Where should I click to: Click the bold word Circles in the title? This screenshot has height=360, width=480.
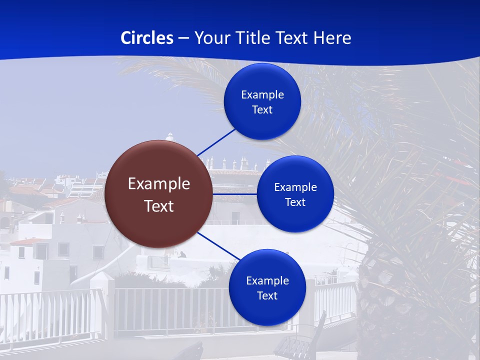click(147, 38)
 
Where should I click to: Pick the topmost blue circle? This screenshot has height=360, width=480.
click(262, 101)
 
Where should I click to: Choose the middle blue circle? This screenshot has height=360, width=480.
click(295, 194)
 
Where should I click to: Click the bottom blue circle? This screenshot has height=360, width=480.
click(267, 287)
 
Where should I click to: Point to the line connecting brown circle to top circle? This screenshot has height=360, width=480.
click(216, 142)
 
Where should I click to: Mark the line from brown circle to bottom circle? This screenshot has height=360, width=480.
click(219, 246)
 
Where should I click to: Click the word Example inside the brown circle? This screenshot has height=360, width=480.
click(159, 184)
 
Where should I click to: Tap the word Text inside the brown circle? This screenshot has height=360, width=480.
click(159, 206)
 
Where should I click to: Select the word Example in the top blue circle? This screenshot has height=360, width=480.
click(262, 94)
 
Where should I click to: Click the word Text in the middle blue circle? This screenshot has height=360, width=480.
click(295, 202)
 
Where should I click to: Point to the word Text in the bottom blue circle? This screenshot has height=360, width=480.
click(267, 295)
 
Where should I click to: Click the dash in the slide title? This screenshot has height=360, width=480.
click(183, 38)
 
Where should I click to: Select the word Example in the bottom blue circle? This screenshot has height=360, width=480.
click(267, 280)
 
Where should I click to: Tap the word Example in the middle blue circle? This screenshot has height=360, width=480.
click(295, 187)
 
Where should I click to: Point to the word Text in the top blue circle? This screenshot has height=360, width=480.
click(262, 109)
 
